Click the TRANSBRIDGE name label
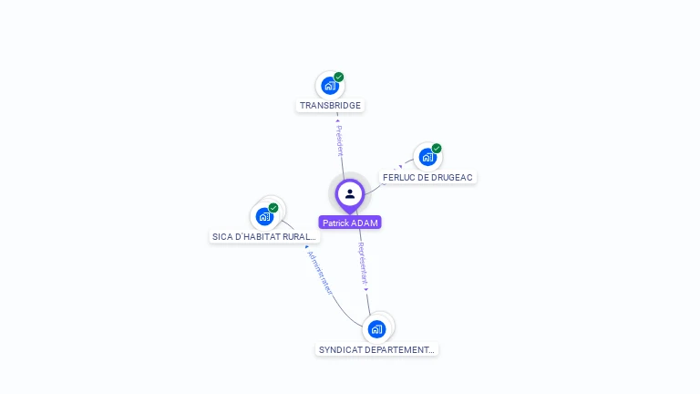330,106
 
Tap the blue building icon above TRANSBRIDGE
330,86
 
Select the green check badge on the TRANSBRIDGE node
339,78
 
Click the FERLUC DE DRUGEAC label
427,177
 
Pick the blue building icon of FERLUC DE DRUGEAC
427,157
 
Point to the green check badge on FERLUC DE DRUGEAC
437,149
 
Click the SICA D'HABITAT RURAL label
264,237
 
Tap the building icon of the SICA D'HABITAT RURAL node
264,217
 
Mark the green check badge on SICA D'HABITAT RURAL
273,208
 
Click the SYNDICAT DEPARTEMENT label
376,349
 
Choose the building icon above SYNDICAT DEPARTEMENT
376,329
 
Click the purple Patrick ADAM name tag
350,223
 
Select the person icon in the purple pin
350,193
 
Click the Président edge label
339,140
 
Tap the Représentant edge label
363,265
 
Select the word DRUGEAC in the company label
451,177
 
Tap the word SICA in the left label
222,237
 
